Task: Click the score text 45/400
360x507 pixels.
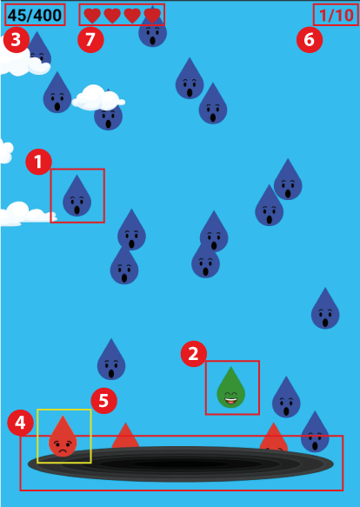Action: pyautogui.click(x=35, y=15)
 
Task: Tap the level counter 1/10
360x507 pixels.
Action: pyautogui.click(x=336, y=15)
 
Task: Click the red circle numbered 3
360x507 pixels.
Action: pyautogui.click(x=17, y=40)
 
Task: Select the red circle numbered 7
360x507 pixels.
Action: pyautogui.click(x=90, y=40)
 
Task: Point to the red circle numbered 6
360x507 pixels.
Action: pyautogui.click(x=310, y=40)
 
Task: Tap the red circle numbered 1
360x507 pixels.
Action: pyautogui.click(x=38, y=162)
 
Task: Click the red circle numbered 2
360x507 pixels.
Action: pyautogui.click(x=193, y=354)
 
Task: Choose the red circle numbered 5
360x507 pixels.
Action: pyautogui.click(x=103, y=401)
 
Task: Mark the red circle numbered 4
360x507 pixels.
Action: pyautogui.click(x=20, y=423)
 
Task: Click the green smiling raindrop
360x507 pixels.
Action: pyautogui.click(x=231, y=390)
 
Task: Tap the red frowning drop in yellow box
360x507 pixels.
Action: pyautogui.click(x=63, y=438)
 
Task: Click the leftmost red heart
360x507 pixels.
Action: pyautogui.click(x=92, y=16)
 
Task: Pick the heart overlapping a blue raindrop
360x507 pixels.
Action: pyautogui.click(x=152, y=16)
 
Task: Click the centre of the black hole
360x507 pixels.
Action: pyautogui.click(x=181, y=464)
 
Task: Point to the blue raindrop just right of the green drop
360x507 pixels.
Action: pyautogui.click(x=286, y=398)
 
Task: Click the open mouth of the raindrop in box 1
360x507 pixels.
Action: pyautogui.click(x=77, y=210)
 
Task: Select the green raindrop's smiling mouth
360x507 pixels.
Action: pyautogui.click(x=231, y=401)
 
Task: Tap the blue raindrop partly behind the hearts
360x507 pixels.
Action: pyautogui.click(x=153, y=29)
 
